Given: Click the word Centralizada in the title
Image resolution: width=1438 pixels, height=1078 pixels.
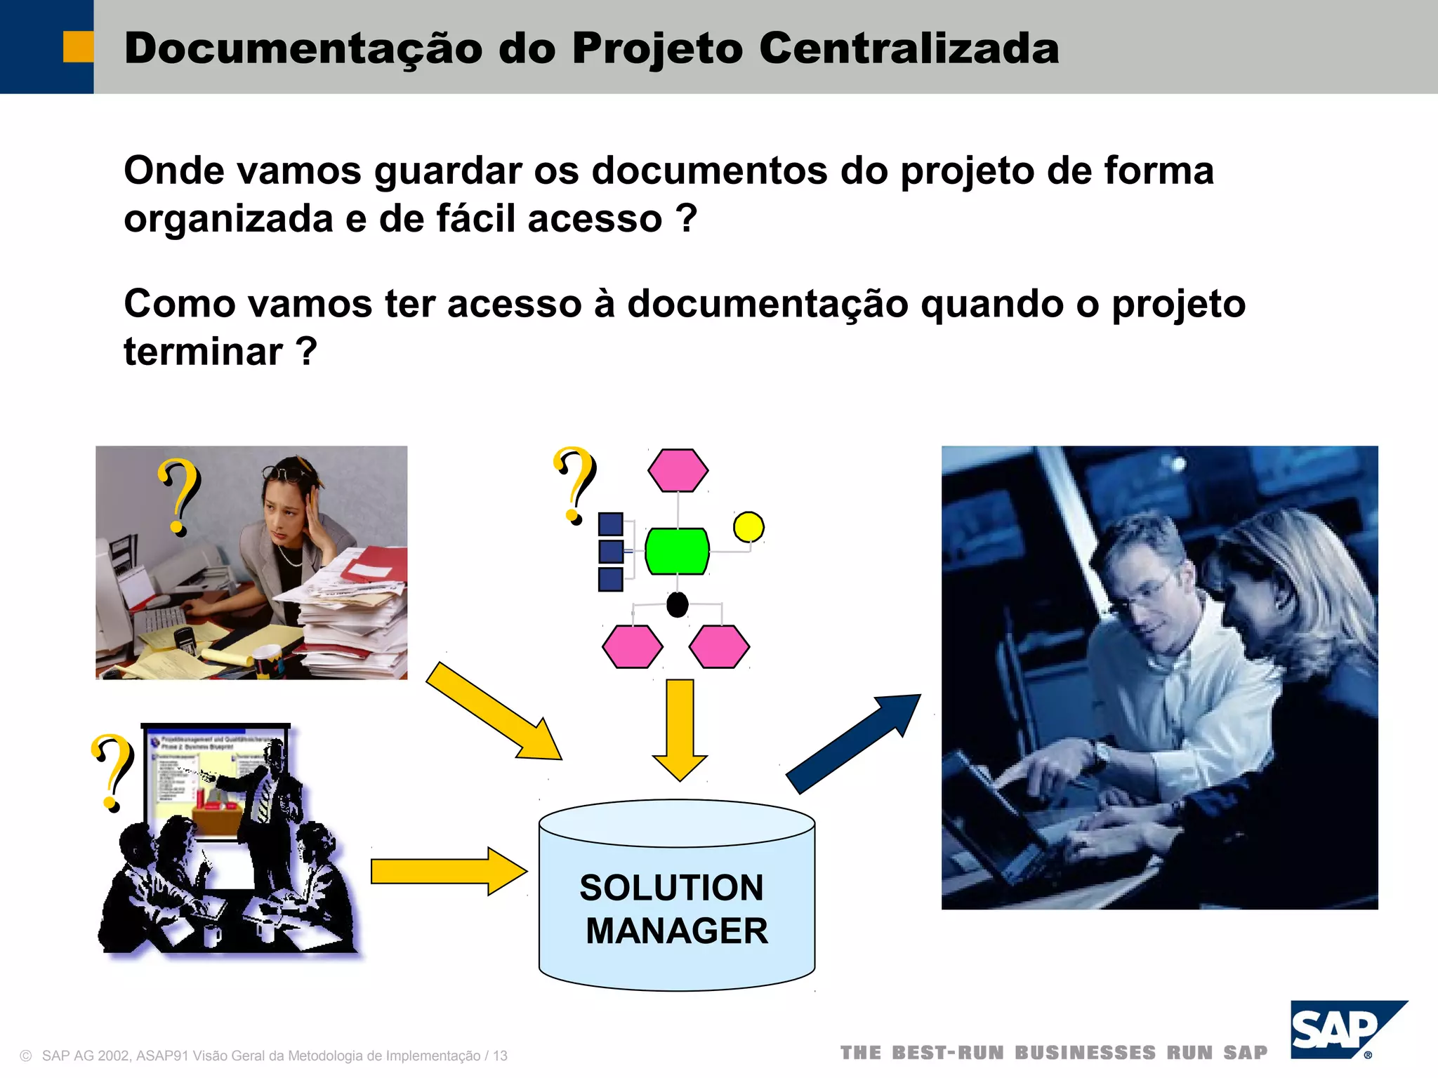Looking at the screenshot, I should pyautogui.click(x=909, y=49).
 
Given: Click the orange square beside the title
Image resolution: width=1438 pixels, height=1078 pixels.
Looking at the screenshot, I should pyautogui.click(x=78, y=47).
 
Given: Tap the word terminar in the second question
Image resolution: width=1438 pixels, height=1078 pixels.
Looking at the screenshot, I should pyautogui.click(x=203, y=352).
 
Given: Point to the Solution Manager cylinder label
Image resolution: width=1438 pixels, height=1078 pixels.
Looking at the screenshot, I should pyautogui.click(x=675, y=910).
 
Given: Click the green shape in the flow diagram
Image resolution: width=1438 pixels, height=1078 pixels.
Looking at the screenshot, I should pyautogui.click(x=677, y=552).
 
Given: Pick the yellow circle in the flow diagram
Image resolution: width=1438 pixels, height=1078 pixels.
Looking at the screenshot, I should pyautogui.click(x=748, y=527).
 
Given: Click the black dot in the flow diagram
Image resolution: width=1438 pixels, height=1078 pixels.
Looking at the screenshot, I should pyautogui.click(x=677, y=604).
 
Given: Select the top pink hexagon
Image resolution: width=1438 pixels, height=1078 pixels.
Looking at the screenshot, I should pyautogui.click(x=678, y=470).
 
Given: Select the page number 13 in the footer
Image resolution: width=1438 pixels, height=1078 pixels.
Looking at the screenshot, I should pyautogui.click(x=500, y=1056).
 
